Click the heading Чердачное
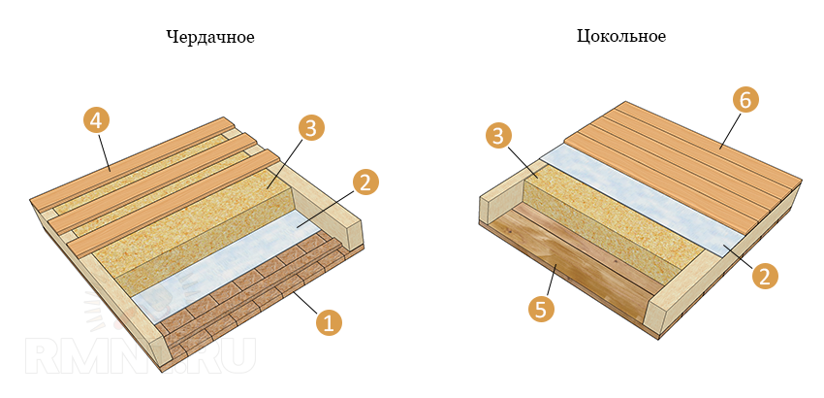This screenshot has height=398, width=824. click(210, 37)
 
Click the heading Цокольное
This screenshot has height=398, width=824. click(621, 37)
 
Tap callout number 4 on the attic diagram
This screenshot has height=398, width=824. click(96, 120)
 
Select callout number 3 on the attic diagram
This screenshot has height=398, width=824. click(309, 128)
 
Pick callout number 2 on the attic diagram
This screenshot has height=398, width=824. click(365, 182)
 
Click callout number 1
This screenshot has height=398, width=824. click(329, 323)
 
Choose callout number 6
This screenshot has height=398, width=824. click(745, 98)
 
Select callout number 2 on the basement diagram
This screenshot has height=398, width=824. click(764, 276)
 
